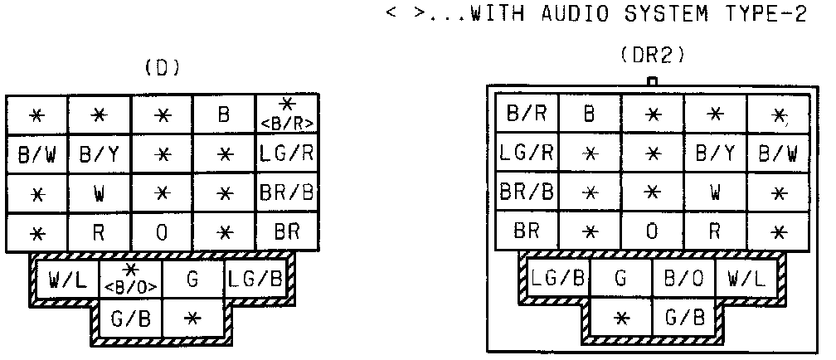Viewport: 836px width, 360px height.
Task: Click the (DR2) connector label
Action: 651,56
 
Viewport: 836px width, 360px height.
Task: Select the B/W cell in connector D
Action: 36,153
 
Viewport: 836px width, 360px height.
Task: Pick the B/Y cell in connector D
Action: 99,153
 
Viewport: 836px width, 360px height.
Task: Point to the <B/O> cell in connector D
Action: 130,280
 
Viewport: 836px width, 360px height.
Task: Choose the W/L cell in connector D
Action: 66,280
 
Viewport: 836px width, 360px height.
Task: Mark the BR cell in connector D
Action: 287,232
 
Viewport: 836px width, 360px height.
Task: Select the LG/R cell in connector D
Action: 287,153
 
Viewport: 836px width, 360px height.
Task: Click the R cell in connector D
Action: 99,232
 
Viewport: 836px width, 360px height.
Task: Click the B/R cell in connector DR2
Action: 527,114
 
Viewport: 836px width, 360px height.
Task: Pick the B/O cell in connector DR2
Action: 683,279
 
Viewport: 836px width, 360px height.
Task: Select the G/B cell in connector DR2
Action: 683,318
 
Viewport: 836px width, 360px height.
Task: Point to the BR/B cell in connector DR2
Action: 527,192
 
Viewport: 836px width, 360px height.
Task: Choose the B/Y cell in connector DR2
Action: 715,153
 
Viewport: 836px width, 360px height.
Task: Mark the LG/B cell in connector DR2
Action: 559,279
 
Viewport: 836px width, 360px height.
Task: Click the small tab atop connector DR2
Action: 652,81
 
